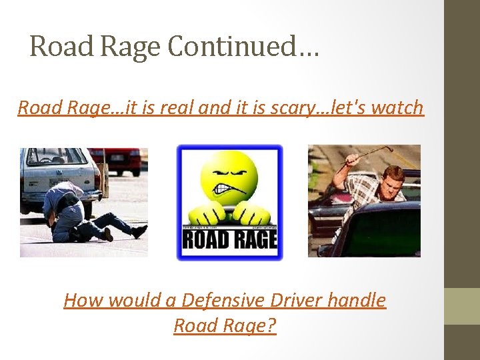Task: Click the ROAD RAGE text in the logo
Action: coord(229,239)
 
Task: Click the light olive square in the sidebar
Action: coord(461,306)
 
